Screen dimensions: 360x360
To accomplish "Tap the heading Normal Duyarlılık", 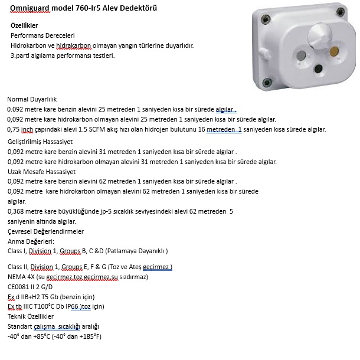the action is pyautogui.click(x=32, y=99).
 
